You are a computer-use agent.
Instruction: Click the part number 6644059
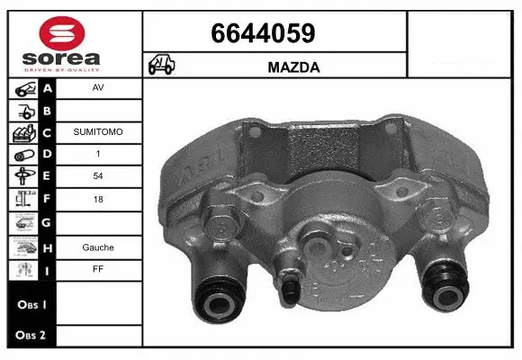[262, 33]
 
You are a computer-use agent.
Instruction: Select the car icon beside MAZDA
[162, 66]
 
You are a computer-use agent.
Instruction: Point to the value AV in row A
[97, 89]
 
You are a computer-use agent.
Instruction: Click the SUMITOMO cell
[97, 132]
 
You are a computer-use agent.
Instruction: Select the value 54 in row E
[97, 177]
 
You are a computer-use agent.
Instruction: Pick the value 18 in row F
[97, 200]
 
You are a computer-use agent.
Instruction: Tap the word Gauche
[97, 246]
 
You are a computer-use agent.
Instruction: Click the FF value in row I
[97, 268]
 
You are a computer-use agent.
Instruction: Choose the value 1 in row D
[97, 155]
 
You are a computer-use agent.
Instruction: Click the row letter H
[47, 246]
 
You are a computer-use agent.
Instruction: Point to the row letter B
[47, 111]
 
